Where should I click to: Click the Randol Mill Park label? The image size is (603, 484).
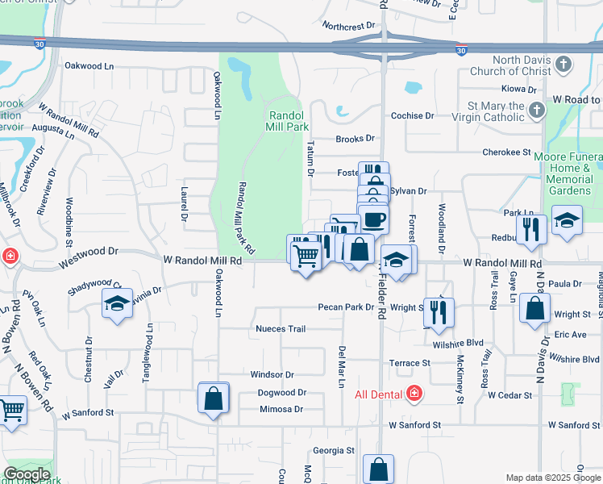coord(288,121)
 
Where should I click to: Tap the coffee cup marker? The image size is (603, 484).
coord(372,219)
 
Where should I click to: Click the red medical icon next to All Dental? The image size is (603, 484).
coord(414,394)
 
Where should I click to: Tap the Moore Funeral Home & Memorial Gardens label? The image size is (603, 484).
coord(572,173)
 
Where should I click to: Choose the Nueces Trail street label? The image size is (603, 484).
coord(281,329)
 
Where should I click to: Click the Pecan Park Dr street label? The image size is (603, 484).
coord(346,307)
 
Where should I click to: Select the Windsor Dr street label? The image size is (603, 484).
coord(272,375)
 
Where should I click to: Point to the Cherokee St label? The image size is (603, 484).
coord(506,152)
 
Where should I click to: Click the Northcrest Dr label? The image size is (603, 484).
coord(349,26)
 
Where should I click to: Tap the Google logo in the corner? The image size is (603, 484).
coord(27,474)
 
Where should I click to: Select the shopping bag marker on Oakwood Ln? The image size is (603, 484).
coord(214,398)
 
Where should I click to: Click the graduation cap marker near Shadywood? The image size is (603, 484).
coord(117,304)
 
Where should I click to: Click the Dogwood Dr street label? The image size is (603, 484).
coord(282,393)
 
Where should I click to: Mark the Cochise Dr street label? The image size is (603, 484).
coord(412,116)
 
